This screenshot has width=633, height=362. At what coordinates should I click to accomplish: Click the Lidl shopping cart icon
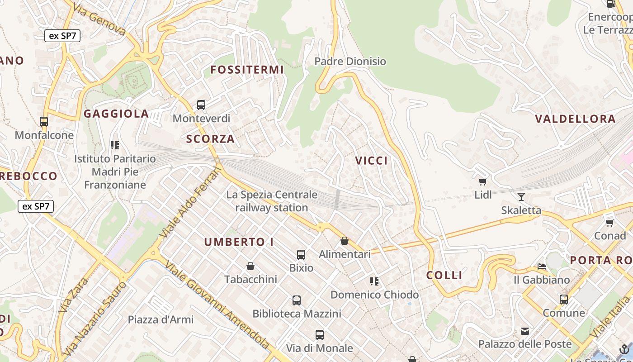(482, 181)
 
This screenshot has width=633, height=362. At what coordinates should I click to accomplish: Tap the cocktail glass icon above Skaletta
(521, 196)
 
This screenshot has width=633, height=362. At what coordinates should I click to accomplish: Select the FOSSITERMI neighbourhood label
(247, 70)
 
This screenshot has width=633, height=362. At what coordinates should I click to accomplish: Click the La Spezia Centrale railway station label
(272, 201)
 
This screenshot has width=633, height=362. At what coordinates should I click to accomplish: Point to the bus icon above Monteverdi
(201, 105)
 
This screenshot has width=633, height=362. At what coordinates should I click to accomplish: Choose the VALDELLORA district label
(575, 119)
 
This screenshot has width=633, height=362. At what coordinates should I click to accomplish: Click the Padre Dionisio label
(350, 61)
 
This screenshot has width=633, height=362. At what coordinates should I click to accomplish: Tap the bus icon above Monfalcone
(44, 121)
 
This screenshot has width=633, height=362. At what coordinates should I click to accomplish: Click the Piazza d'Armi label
(161, 319)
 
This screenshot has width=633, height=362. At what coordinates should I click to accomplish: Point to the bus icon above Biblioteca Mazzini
(297, 300)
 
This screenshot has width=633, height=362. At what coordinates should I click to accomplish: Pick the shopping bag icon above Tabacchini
(250, 266)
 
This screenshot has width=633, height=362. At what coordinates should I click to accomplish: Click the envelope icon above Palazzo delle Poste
(525, 331)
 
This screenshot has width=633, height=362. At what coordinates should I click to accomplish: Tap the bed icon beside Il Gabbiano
(542, 267)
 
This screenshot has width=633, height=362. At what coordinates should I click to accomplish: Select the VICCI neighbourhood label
(371, 161)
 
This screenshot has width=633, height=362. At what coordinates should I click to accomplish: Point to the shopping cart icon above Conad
(610, 222)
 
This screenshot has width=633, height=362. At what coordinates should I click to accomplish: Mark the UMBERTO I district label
(239, 242)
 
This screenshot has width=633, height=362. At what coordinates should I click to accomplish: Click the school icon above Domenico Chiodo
(374, 281)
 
